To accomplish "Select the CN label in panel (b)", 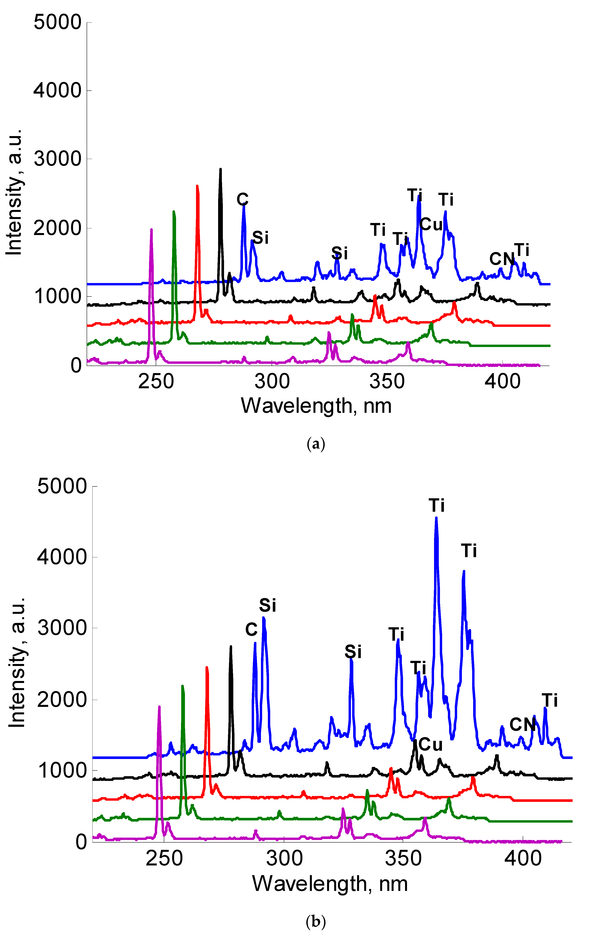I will click(x=522, y=725).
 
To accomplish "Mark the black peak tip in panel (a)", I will click(x=221, y=169).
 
